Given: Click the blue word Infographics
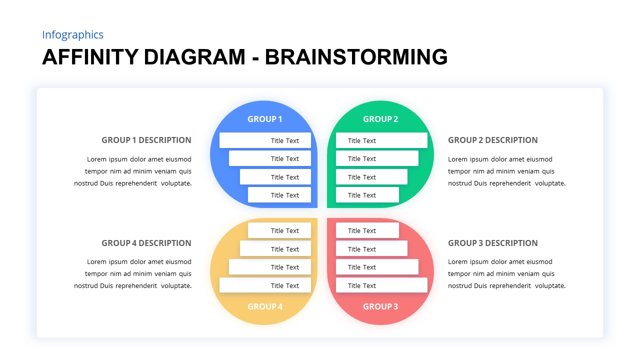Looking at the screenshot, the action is pos(72,35).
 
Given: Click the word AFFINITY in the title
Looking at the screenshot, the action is pos(90,57).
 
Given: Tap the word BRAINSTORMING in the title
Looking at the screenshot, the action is pos(356,57).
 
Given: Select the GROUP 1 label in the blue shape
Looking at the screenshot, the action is pos(265,119).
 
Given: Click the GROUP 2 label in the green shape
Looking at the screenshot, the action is pos(380,119).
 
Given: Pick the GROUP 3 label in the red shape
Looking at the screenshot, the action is pos(380,306).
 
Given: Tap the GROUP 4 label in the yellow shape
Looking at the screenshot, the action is pos(265,306).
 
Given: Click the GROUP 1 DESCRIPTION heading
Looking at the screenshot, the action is pos(146,140).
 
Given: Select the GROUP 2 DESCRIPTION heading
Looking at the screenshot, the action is pos(493,140).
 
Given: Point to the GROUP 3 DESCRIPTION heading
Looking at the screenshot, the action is pos(493,243).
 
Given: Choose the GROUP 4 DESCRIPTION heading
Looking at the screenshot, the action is pos(146,243).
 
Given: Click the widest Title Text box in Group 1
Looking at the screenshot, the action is pos(265,140).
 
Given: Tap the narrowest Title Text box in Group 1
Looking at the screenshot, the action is pos(279,195).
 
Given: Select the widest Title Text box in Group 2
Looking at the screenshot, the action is pos(381,140).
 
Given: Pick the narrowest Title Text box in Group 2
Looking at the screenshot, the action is pos(367,195).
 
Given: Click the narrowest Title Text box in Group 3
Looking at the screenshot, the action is pos(367,230).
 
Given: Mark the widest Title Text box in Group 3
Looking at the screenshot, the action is pos(381,285).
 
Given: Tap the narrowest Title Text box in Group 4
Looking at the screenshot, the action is pos(279,230).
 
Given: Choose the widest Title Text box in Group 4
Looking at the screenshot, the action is pos(265,285).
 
